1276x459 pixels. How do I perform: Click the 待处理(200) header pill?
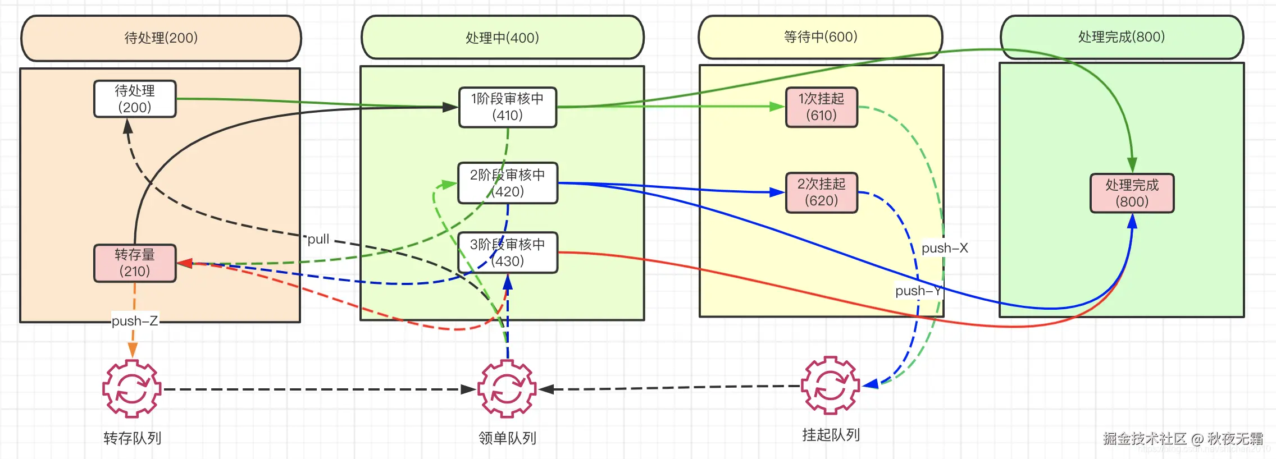pyautogui.click(x=161, y=38)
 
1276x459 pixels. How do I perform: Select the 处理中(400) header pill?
pyautogui.click(x=502, y=38)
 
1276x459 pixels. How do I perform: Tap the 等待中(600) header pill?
pyautogui.click(x=820, y=37)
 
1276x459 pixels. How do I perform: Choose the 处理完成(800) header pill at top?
pyautogui.click(x=1122, y=37)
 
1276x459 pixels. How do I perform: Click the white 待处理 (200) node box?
pyautogui.click(x=135, y=99)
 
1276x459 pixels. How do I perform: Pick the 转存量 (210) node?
pyautogui.click(x=135, y=263)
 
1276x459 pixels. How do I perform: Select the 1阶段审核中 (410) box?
pyautogui.click(x=508, y=107)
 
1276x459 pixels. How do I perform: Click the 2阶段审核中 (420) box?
pyautogui.click(x=508, y=183)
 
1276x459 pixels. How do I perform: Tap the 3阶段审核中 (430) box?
pyautogui.click(x=508, y=253)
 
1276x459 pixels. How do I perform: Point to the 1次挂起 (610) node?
pyautogui.click(x=821, y=107)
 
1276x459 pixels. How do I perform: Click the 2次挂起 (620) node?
pyautogui.click(x=821, y=192)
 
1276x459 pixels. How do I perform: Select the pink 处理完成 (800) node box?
pyautogui.click(x=1132, y=193)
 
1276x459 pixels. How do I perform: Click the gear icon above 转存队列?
pyautogui.click(x=132, y=389)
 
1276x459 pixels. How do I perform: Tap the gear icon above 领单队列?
pyautogui.click(x=507, y=389)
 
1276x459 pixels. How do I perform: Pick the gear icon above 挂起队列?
pyautogui.click(x=830, y=386)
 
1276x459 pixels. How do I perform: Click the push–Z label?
pyautogui.click(x=135, y=321)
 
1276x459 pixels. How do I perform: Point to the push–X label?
pyautogui.click(x=945, y=248)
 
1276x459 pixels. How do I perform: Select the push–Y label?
pyautogui.click(x=918, y=291)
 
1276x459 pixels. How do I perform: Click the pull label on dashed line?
pyautogui.click(x=318, y=239)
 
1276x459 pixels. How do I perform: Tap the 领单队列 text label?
pyautogui.click(x=507, y=438)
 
